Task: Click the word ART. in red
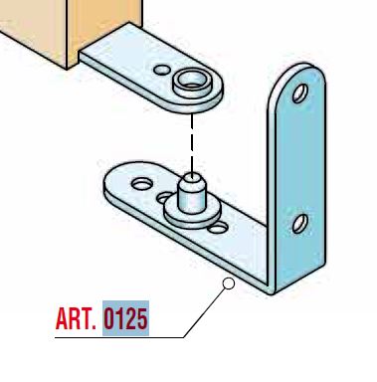point(76,318)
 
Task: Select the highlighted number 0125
point(125,318)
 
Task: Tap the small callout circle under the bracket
point(229,284)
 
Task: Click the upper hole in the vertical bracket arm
point(300,94)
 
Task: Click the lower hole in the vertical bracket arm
point(300,224)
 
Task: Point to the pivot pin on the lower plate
point(192,193)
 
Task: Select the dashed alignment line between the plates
point(192,143)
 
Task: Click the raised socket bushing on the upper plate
point(192,84)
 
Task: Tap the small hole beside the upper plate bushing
point(162,70)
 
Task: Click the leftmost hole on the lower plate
point(142,184)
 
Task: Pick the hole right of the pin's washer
point(218,228)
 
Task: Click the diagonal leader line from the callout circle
point(205,312)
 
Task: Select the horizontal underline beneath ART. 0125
point(119,337)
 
